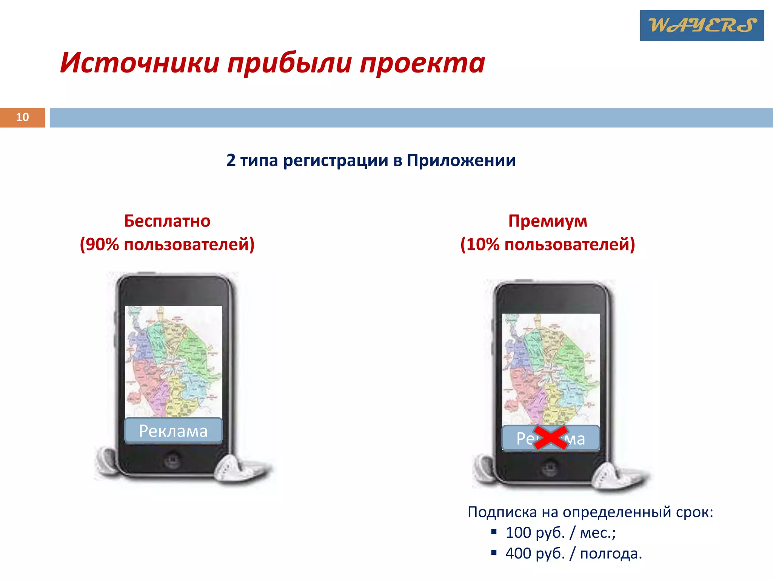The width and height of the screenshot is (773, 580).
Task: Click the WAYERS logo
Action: coord(701,25)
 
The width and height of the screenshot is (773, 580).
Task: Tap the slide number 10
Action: coord(22,117)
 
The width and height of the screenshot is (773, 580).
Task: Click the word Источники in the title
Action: coord(139,63)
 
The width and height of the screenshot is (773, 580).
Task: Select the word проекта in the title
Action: coord(422,63)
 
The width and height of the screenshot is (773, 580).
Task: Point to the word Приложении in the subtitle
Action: coord(461,160)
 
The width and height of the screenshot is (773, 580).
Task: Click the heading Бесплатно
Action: coord(167,221)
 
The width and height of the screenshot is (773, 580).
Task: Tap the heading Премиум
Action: coord(547,221)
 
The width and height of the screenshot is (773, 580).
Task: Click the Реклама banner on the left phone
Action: coord(173,431)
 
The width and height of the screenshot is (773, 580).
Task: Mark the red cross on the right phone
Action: coord(551,438)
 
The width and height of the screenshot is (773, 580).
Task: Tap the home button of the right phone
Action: coord(550,468)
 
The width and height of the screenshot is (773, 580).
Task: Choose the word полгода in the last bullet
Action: coord(610,554)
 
